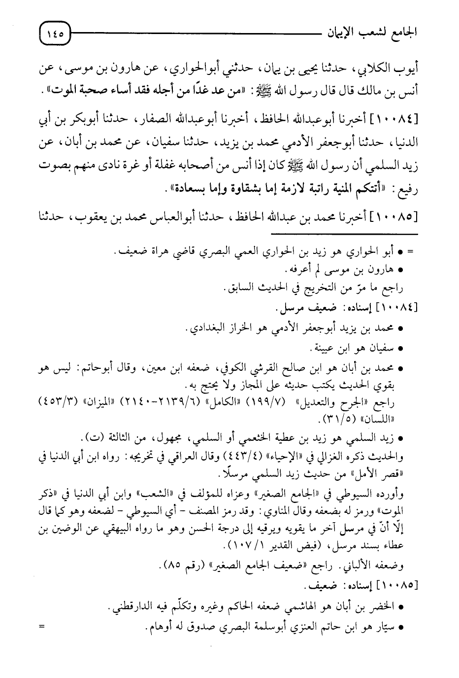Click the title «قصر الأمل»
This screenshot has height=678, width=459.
click(388, 474)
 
